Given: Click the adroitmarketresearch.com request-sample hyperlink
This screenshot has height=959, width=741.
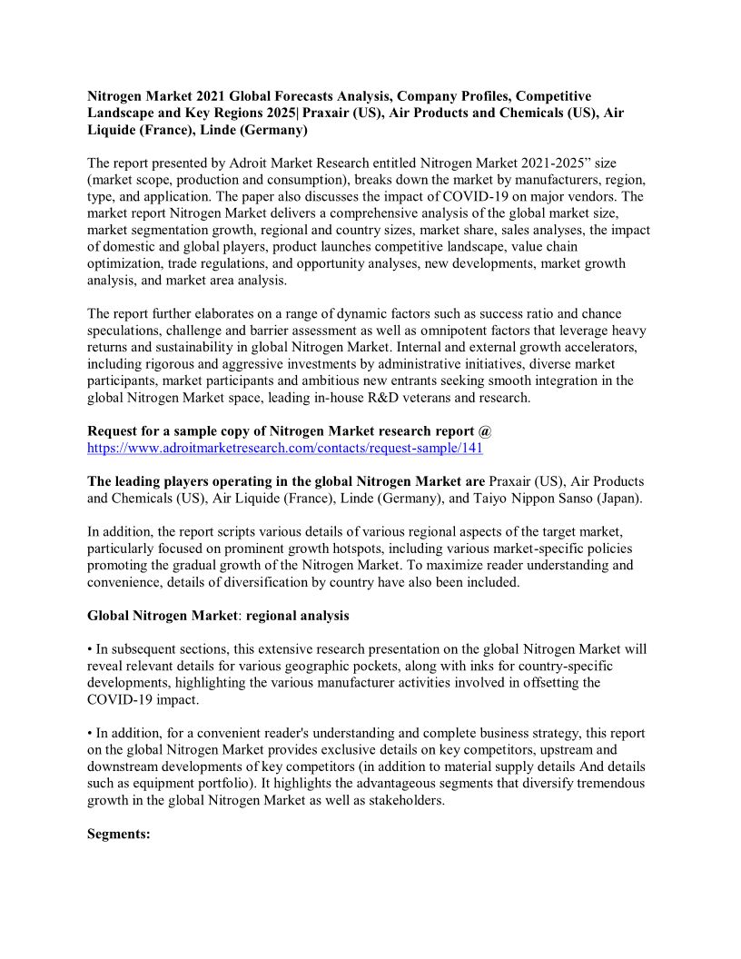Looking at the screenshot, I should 285,449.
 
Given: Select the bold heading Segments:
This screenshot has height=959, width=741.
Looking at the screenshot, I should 119,835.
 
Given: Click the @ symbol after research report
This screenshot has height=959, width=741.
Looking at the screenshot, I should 486,430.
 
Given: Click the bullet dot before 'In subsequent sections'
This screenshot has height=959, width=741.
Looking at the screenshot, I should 91,649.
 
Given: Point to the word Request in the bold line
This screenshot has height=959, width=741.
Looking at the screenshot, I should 114,430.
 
